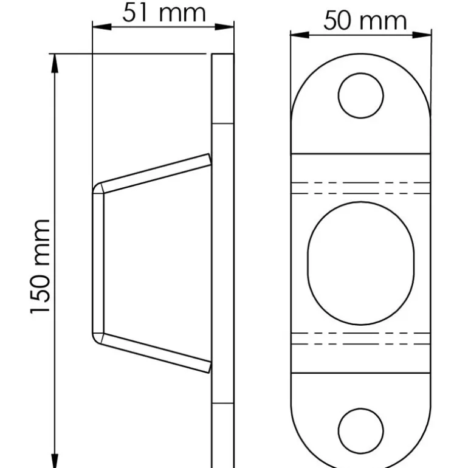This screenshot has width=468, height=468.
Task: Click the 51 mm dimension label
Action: click(x=163, y=12)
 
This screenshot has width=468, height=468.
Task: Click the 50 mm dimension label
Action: click(x=364, y=21)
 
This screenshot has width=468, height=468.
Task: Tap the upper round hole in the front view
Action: click(x=361, y=95)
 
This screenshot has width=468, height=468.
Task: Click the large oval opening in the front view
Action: click(x=361, y=263)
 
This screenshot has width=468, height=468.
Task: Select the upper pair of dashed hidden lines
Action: click(x=361, y=188)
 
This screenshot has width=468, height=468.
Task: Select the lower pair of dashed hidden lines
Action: click(x=361, y=339)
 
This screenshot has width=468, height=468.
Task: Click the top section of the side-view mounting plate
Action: click(x=223, y=89)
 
